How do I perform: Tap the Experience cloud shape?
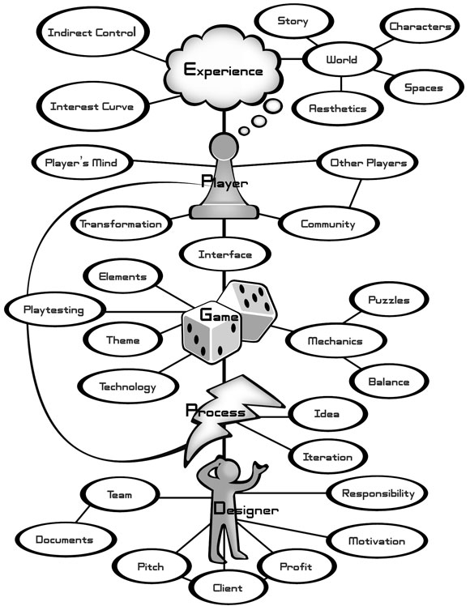coord(223,70)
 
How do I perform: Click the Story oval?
coord(292,22)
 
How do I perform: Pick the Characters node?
coord(420,27)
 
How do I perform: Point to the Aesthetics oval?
coord(338,108)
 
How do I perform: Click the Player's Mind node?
coord(82,163)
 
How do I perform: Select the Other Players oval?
coord(368,163)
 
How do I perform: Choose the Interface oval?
coord(225,254)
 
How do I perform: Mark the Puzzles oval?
coord(388,300)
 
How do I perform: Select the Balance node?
coord(388,381)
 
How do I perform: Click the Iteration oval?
coord(328,457)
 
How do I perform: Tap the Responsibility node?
coord(378,493)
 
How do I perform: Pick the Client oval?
coord(229,587)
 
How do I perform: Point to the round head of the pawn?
coord(225,148)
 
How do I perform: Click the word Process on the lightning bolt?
coord(215,412)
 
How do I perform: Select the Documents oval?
coord(65,539)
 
